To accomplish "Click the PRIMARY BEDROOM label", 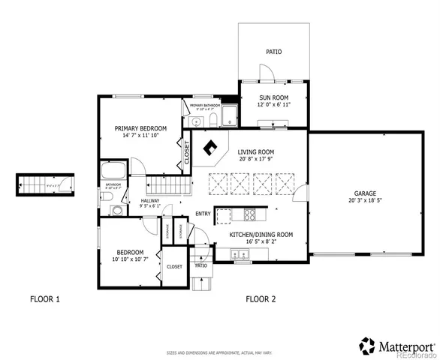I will coord(140,128).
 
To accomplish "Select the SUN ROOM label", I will coord(273,97).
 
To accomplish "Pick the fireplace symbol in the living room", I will coord(212,148).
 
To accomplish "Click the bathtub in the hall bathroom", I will coord(113,170).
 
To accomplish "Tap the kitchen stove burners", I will coord(250,216).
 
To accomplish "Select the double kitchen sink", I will coord(241,256).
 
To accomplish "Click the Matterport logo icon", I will coord(366,346).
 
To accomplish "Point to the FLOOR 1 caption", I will coord(44,299).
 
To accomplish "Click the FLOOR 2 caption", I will coord(261,299).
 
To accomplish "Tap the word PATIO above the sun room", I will coord(273,52).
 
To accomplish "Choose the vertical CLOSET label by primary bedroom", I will coord(186,152).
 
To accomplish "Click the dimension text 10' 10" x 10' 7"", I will coord(131,259).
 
